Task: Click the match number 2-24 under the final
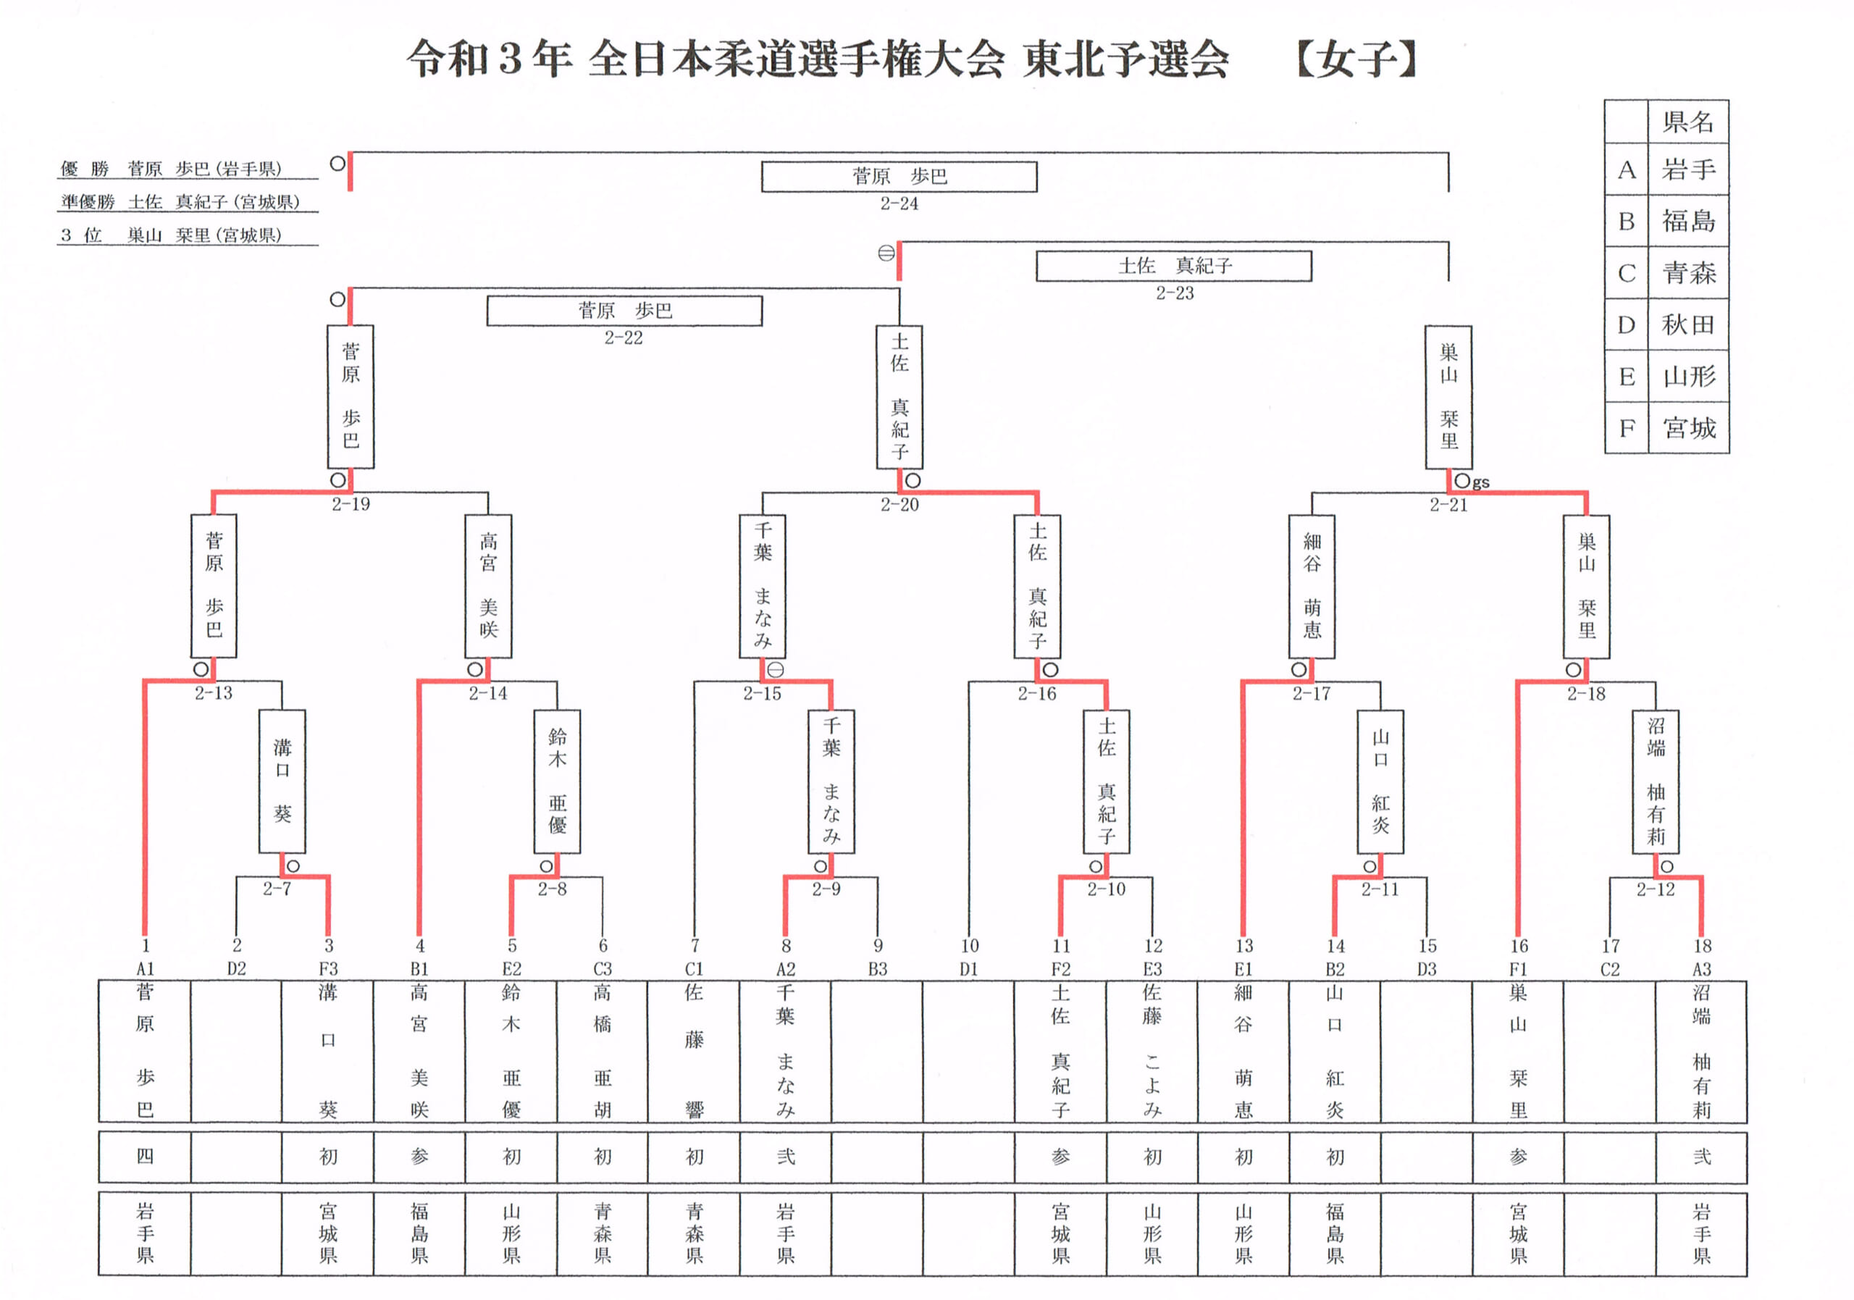[x=899, y=204]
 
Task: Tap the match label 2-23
[x=1174, y=293]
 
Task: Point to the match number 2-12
[x=1656, y=889]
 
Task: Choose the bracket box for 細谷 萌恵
[x=1312, y=586]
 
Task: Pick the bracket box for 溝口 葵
[x=282, y=781]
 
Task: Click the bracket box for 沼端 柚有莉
[x=1656, y=781]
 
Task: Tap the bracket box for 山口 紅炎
[x=1380, y=781]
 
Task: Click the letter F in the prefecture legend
[x=1627, y=428]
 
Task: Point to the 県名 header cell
[x=1688, y=122]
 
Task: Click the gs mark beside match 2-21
[x=1480, y=482]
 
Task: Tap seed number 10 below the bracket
[x=969, y=946]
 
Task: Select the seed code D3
[x=1427, y=969]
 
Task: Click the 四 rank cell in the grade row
[x=145, y=1157]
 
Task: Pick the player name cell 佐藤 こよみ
[x=1152, y=1052]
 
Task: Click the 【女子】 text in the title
[x=1356, y=60]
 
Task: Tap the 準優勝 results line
[x=181, y=202]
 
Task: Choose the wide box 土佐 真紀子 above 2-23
[x=1174, y=266]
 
